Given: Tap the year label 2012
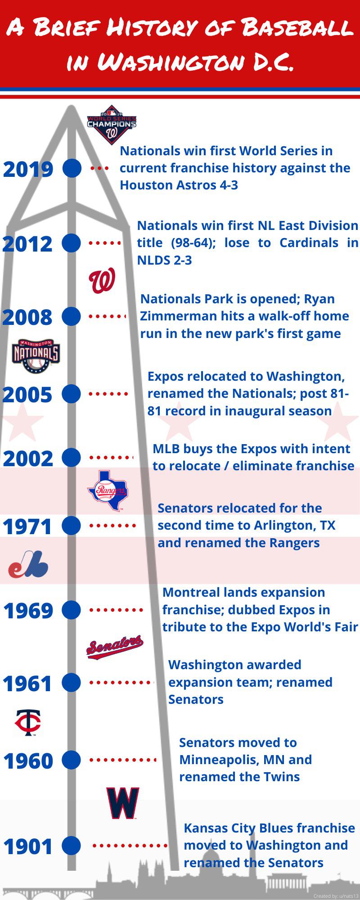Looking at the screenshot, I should coord(28,244).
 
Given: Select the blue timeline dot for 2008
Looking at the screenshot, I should coord(71,316).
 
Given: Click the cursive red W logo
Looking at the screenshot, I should coord(102,281).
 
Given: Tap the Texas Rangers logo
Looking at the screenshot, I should coord(108,490).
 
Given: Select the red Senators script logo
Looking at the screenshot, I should coord(115,647).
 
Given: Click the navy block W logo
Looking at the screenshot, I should coord(122,803).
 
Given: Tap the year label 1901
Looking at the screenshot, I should coord(28,847).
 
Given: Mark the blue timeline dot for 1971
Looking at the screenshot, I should coord(71,525).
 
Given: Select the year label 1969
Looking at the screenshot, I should coord(28,611).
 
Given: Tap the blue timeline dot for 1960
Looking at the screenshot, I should coord(71,760).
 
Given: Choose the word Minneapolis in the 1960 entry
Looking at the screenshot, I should coord(218,760).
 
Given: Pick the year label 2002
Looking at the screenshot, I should coord(28,459).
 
